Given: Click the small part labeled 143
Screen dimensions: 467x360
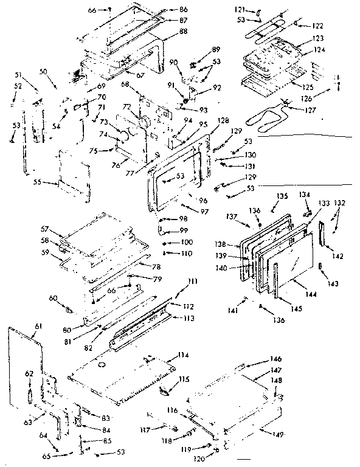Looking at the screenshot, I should tap(320, 268).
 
